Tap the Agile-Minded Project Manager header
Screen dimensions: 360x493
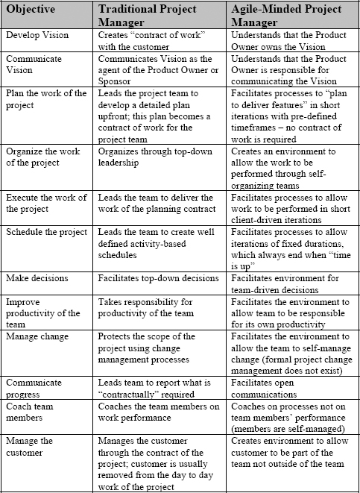(x=288, y=16)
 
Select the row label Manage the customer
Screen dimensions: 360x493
(x=31, y=446)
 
